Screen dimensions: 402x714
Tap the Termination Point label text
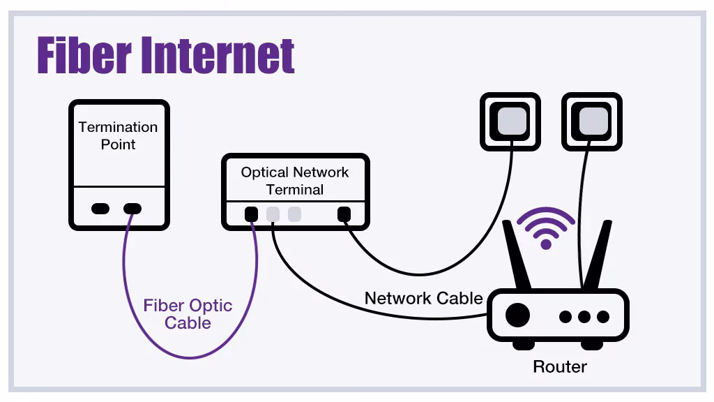(118, 135)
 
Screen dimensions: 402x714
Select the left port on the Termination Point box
(100, 208)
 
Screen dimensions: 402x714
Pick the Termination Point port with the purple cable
(132, 208)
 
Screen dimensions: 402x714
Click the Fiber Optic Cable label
(188, 314)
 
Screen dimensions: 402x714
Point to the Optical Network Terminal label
(295, 181)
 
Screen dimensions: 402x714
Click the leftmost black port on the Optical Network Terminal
(252, 214)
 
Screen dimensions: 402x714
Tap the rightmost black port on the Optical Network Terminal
(343, 214)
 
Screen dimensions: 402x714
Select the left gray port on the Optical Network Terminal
(273, 214)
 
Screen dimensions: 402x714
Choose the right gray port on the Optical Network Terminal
(294, 214)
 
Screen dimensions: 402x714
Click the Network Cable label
(423, 299)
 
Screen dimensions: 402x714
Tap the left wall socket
(510, 121)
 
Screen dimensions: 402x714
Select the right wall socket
(592, 121)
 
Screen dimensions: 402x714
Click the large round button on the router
(517, 315)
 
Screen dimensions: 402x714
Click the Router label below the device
(560, 366)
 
